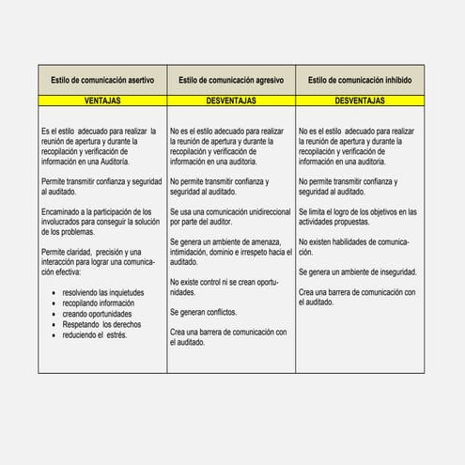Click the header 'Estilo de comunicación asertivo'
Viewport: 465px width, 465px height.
pos(102,80)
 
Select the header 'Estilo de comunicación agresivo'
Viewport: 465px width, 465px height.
pos(231,80)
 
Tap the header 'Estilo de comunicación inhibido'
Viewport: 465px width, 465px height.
pos(360,80)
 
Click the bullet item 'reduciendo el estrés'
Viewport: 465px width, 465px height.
pos(101,336)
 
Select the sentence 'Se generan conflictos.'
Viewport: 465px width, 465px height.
pos(204,311)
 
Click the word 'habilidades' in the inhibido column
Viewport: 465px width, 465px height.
pos(350,242)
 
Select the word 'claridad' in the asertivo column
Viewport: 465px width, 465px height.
pos(87,254)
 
